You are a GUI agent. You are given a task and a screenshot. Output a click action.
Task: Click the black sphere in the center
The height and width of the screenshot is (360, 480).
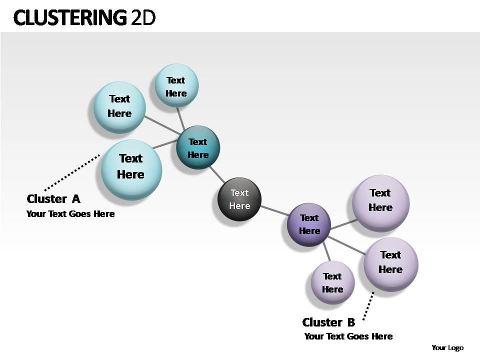(239, 199)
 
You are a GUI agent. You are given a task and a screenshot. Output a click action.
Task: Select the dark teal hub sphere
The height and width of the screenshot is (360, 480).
(198, 147)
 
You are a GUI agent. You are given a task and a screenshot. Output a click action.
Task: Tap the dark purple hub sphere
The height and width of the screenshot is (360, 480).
(309, 224)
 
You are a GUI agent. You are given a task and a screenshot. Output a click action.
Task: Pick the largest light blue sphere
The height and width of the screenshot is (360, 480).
(131, 168)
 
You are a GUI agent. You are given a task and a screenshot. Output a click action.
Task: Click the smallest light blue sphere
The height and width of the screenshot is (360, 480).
(176, 85)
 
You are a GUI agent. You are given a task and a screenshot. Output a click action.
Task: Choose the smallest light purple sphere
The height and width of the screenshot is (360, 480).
(332, 282)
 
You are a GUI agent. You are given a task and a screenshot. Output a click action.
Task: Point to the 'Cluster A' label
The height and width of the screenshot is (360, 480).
(53, 199)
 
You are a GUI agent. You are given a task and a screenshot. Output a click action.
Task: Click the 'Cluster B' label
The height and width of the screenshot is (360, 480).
(328, 322)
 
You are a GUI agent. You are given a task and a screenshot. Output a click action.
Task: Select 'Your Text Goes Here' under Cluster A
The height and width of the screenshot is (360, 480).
(70, 214)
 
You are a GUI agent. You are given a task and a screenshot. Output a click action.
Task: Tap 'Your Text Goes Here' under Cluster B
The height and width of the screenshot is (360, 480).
(348, 336)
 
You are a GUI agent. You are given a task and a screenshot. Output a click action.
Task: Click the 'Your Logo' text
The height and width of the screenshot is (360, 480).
(447, 348)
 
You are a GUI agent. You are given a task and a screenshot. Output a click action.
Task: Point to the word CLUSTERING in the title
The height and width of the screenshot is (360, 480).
(70, 18)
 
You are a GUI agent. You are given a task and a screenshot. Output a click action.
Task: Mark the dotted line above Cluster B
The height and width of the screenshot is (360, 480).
(368, 306)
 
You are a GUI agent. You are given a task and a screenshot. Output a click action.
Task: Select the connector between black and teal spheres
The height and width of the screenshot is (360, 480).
(217, 174)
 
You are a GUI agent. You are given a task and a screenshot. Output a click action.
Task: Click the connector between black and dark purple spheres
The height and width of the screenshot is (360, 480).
(274, 210)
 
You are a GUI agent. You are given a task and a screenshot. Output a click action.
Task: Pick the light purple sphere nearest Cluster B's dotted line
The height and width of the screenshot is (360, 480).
(390, 263)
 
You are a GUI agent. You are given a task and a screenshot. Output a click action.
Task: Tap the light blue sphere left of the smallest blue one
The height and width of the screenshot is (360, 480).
(120, 106)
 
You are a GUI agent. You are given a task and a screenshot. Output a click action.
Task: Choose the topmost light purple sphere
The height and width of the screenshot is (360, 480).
(380, 202)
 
